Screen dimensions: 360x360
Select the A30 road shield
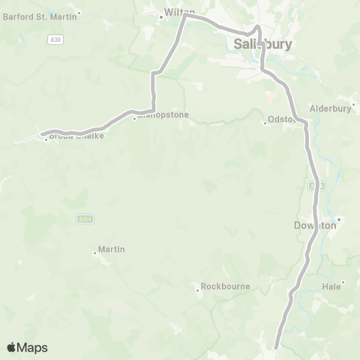point(46,42)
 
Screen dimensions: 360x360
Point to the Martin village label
point(111,249)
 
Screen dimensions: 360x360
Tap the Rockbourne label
point(224,286)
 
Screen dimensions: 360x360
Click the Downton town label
point(316,224)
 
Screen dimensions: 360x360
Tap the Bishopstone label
point(162,115)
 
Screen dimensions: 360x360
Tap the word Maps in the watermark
point(33,347)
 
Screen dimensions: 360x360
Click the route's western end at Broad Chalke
point(43,135)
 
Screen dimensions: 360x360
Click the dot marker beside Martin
point(95,253)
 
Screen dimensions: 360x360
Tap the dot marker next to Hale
point(343,284)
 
